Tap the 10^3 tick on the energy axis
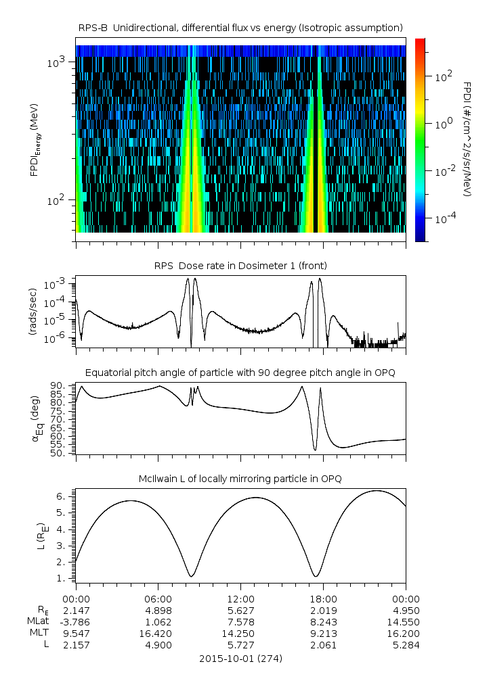[x=56, y=62]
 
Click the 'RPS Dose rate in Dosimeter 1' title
[x=241, y=266]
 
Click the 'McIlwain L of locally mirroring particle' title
[x=241, y=479]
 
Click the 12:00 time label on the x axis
[x=241, y=599]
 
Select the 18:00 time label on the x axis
[x=323, y=599]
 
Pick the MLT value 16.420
[x=158, y=634]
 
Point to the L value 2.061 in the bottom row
[x=323, y=645]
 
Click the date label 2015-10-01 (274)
[x=241, y=658]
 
